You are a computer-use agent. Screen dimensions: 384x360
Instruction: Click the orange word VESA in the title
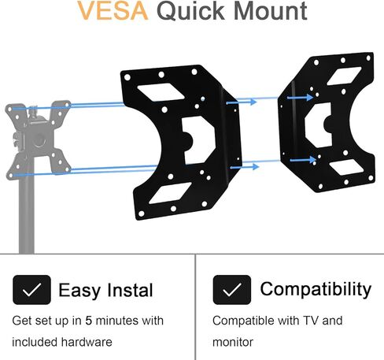click(113, 10)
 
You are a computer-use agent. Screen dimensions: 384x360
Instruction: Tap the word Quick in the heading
click(190, 11)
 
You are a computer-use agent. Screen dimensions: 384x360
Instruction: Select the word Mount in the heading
click(270, 10)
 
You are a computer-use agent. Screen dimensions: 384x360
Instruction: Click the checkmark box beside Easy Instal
click(31, 290)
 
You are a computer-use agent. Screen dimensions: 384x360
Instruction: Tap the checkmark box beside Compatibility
click(232, 290)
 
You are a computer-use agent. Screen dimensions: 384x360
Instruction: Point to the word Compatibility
click(316, 290)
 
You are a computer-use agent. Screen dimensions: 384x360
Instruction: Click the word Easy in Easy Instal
click(79, 291)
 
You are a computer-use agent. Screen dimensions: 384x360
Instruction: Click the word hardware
click(87, 342)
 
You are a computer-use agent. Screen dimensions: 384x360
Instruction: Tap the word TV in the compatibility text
click(311, 321)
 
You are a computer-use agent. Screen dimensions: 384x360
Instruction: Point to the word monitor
click(233, 343)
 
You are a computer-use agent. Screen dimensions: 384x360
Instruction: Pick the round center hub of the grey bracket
click(39, 140)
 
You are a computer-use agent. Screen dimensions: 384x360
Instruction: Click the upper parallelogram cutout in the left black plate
click(161, 92)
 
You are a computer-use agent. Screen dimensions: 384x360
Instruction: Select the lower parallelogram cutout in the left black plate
click(171, 193)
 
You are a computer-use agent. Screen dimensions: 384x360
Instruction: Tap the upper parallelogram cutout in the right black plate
click(344, 76)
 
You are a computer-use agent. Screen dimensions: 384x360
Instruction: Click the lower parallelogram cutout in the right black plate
click(346, 168)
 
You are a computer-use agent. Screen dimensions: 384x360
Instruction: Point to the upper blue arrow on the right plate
click(301, 98)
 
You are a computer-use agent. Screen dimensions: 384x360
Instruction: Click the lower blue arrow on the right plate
click(303, 160)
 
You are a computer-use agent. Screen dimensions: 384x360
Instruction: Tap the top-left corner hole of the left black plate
click(127, 77)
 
